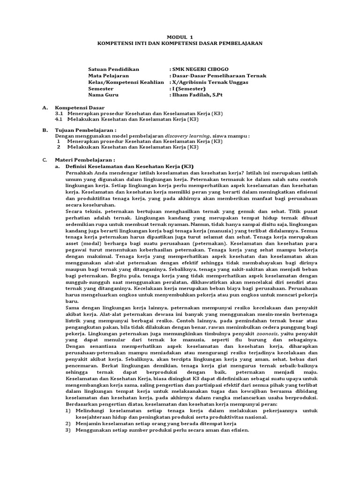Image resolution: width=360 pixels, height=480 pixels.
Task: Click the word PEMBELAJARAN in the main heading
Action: (239, 43)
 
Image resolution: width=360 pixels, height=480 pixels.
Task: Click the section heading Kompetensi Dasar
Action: (80, 108)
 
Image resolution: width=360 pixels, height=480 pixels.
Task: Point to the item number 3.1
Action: (59, 114)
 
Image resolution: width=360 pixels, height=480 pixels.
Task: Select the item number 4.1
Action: (59, 120)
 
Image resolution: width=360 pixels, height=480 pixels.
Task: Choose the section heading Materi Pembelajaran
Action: (85, 160)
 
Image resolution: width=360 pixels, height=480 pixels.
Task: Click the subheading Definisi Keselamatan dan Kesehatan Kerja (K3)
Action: (129, 166)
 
